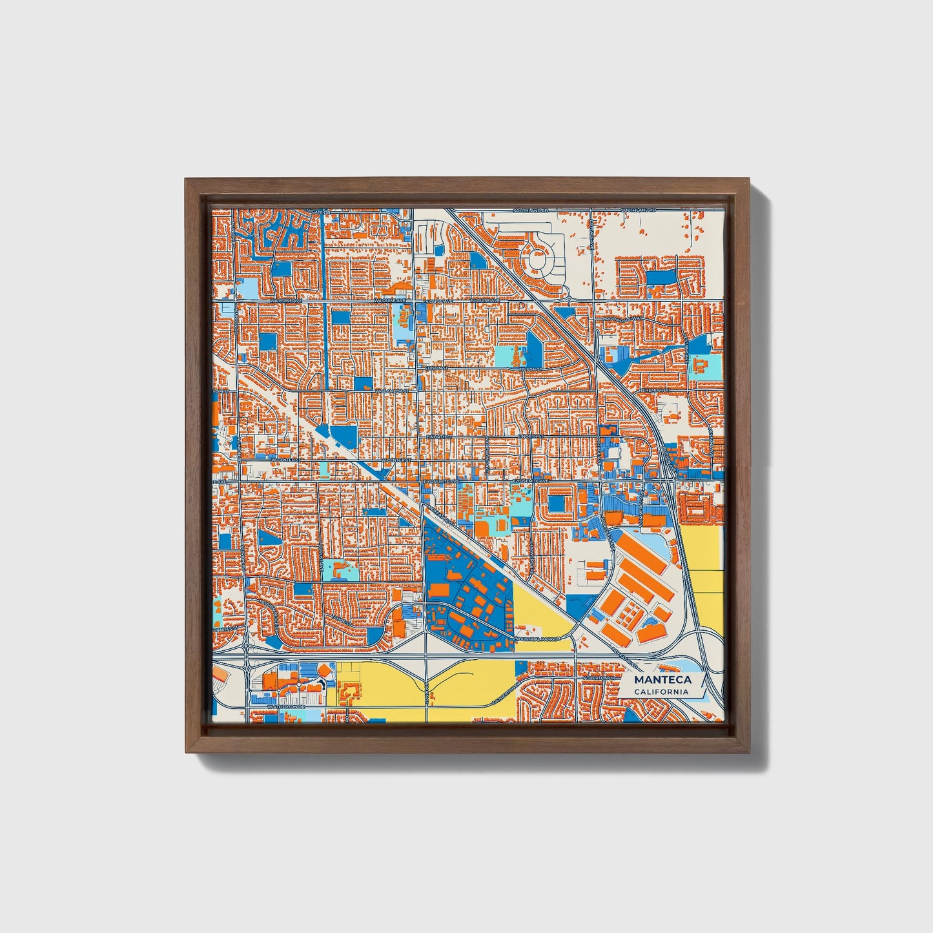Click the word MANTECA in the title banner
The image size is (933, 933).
click(x=662, y=680)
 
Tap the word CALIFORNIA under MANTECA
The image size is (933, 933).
click(x=661, y=692)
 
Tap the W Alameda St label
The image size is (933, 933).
click(x=391, y=391)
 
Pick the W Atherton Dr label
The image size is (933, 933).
click(x=289, y=707)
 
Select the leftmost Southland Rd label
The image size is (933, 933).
click(x=531, y=211)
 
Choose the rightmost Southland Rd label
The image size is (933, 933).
click(x=638, y=211)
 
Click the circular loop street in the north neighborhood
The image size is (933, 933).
click(x=538, y=261)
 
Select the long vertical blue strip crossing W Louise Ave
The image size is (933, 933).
click(x=321, y=258)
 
